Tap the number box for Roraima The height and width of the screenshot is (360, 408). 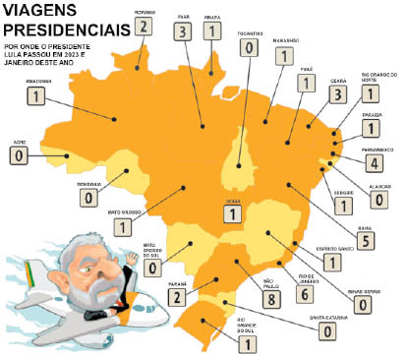point(146,26)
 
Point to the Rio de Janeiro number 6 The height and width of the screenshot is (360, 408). point(277,293)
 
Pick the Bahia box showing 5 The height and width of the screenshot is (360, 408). point(367,239)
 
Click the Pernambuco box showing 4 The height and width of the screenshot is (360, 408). point(374,162)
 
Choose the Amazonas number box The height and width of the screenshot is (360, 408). point(38,97)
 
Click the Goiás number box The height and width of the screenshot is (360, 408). point(234,211)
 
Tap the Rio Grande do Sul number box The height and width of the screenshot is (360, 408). point(247,343)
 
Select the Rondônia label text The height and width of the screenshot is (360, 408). point(89,184)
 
